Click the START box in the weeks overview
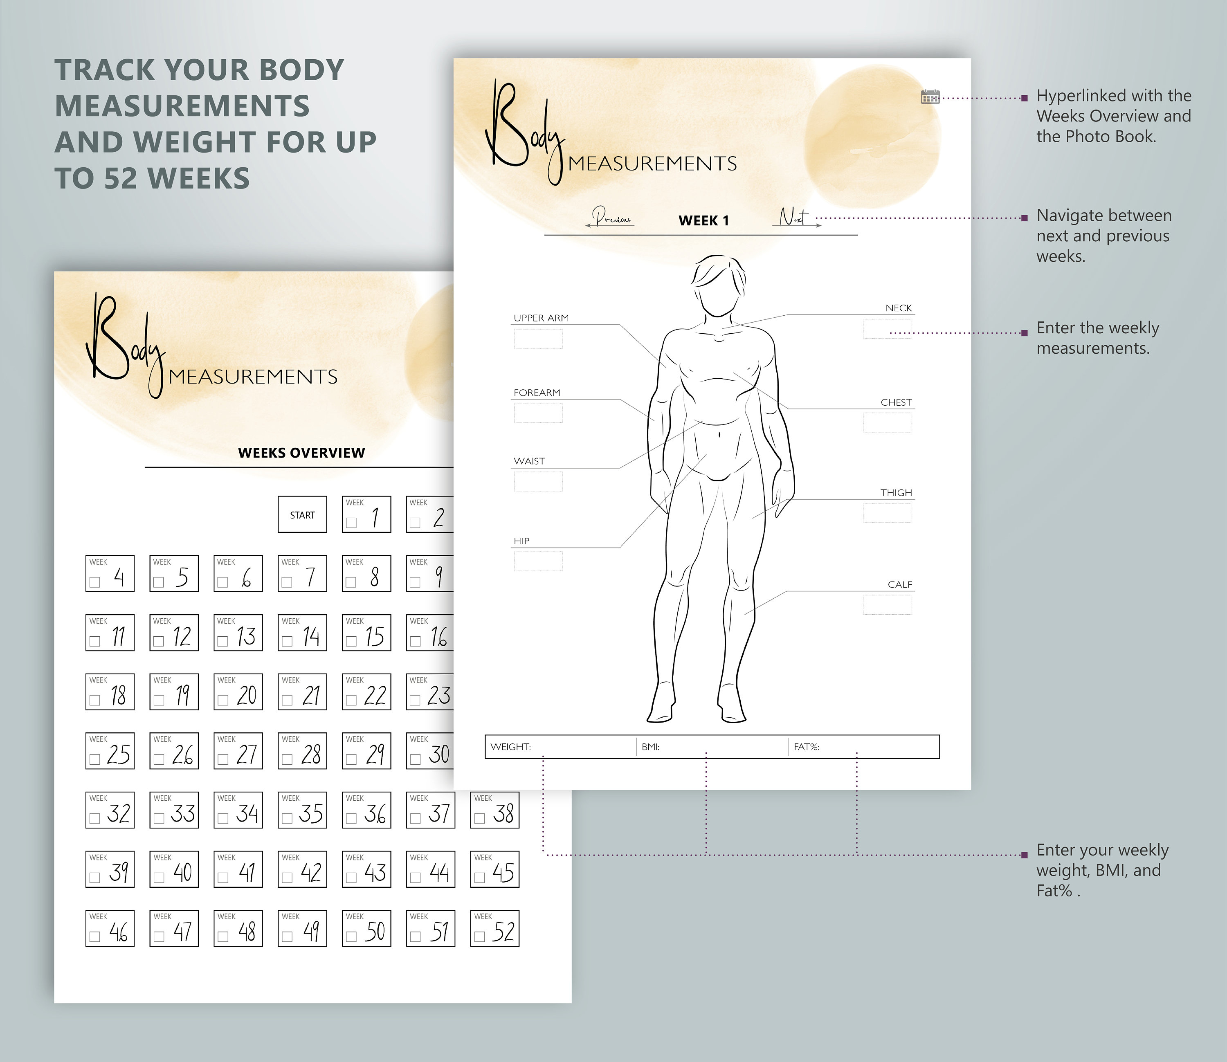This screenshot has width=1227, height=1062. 302,514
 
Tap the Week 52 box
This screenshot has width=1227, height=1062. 494,928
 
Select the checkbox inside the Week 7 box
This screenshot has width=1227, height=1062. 287,582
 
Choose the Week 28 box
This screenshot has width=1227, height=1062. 302,751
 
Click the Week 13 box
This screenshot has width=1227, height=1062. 238,633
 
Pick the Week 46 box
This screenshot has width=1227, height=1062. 110,928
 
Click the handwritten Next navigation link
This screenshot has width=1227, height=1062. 794,218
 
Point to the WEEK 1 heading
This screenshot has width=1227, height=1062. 703,220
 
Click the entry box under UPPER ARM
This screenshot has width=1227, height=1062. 538,339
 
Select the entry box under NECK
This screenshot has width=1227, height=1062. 888,328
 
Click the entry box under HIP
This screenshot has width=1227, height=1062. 538,561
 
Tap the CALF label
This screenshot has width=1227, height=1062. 899,584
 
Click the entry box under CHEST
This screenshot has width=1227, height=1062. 888,422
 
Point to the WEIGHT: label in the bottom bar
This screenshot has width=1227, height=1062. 510,747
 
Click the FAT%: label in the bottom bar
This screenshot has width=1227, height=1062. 806,747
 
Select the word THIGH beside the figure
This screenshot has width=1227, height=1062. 896,492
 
